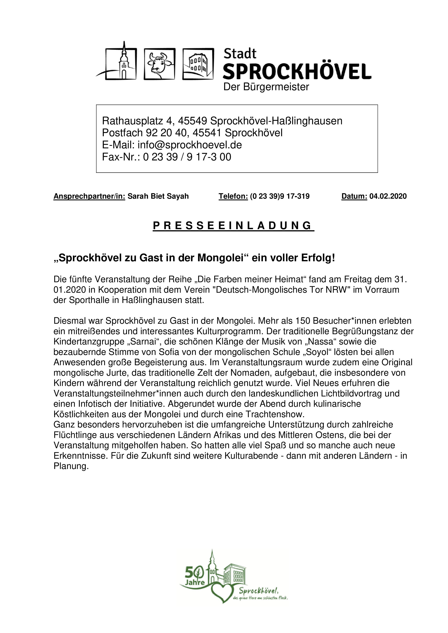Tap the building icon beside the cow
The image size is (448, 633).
(x=198, y=64)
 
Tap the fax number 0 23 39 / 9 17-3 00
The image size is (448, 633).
(x=187, y=157)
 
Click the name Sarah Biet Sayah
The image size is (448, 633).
(x=158, y=196)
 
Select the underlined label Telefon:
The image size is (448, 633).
(x=233, y=196)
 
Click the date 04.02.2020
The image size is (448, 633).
(x=388, y=196)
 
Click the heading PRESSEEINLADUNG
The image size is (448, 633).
(x=233, y=226)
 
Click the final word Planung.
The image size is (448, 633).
(x=71, y=466)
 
